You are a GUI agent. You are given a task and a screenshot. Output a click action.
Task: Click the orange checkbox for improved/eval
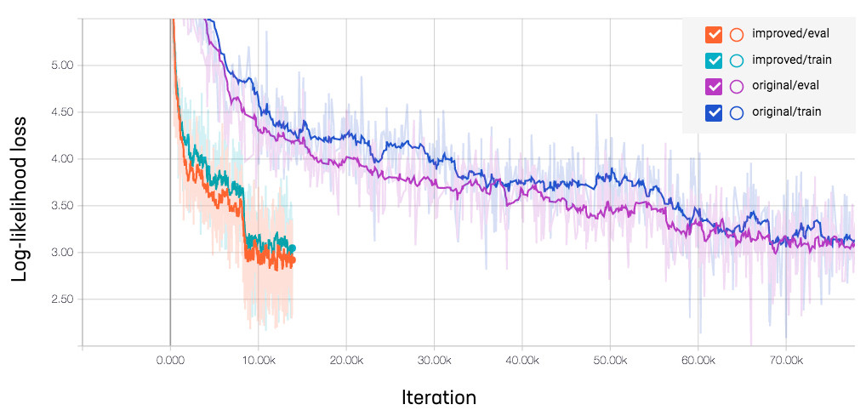point(714,35)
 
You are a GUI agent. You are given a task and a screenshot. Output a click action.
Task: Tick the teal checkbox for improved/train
point(714,60)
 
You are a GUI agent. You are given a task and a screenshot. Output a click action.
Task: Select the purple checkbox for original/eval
point(714,86)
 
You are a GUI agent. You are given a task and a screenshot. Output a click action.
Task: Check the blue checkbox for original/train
point(714,111)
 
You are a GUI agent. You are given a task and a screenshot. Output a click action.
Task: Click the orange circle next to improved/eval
point(737,35)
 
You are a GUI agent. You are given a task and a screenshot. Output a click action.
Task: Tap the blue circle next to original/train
point(737,111)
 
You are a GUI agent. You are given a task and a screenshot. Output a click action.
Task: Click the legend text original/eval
point(787,86)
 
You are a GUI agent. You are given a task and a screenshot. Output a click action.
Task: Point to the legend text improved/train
point(791,60)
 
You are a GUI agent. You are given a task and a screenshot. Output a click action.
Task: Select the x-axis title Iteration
point(438,397)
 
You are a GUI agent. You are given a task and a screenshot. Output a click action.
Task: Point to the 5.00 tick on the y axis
point(62,66)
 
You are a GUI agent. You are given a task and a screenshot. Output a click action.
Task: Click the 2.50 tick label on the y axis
point(62,299)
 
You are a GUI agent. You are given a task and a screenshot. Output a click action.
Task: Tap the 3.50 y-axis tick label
point(62,206)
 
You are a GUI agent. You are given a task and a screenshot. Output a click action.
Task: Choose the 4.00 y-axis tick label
point(62,159)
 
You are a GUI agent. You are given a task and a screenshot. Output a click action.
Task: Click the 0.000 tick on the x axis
point(170,361)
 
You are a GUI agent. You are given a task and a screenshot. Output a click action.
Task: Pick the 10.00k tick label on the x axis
point(258,361)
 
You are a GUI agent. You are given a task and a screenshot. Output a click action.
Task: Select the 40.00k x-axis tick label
point(521,361)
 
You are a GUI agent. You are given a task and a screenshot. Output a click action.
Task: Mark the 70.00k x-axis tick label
point(785,361)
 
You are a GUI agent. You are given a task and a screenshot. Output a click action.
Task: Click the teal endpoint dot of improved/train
point(292,248)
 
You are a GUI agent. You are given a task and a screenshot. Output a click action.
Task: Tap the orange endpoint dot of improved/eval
point(292,260)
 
